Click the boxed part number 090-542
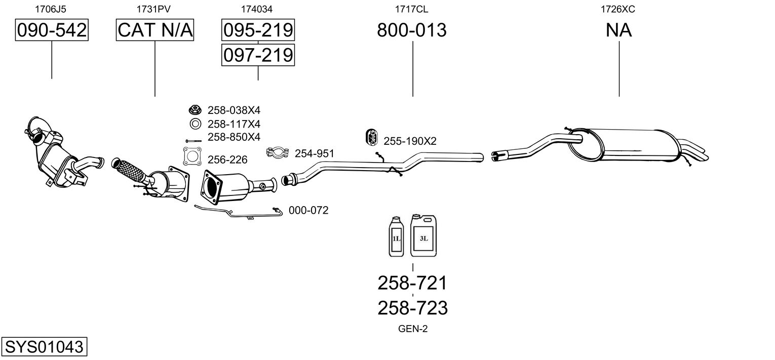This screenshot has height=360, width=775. (52, 30)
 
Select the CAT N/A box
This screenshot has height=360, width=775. (154, 30)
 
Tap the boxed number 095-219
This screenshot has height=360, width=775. (258, 30)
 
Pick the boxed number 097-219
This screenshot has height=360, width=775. (258, 55)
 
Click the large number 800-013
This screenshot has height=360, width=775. (412, 30)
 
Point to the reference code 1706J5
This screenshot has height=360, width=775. (51, 9)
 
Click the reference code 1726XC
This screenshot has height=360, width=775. (617, 9)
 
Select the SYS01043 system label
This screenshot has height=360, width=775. (44, 346)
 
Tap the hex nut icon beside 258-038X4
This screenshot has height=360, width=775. (195, 110)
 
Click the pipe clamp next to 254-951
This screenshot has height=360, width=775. (278, 152)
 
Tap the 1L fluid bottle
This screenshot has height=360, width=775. (396, 237)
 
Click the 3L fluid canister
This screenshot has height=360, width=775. (423, 236)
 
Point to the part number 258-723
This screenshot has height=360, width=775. (412, 308)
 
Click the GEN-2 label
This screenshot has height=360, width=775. (413, 329)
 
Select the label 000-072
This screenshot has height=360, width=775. (308, 210)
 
